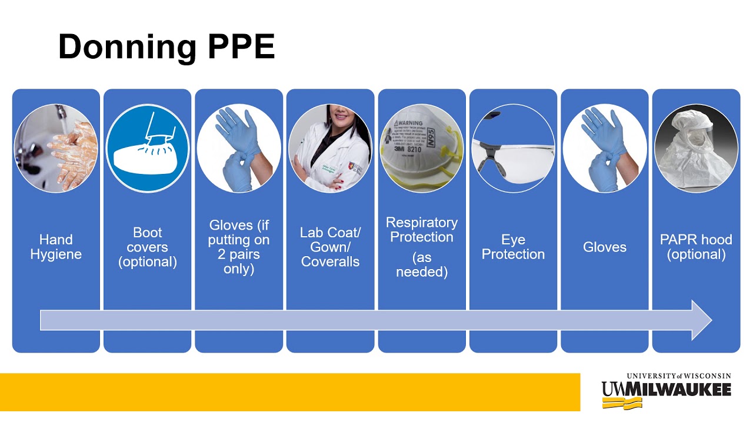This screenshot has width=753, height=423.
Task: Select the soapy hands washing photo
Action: [x=56, y=148]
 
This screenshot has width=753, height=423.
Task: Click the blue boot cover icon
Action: [x=148, y=148]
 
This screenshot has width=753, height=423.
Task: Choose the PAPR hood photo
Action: [x=696, y=148]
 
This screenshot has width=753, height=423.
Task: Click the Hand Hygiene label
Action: [x=56, y=247]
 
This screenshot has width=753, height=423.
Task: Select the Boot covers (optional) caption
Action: [x=148, y=247]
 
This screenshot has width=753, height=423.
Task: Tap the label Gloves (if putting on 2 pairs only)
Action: [x=239, y=247]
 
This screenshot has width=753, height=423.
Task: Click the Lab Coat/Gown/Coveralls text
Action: [x=330, y=247]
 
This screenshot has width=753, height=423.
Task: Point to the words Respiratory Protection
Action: [x=422, y=230]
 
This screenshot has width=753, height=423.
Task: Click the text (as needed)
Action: [x=422, y=264]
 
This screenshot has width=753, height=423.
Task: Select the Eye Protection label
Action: [x=513, y=247]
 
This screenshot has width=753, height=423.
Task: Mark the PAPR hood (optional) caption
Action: [x=696, y=247]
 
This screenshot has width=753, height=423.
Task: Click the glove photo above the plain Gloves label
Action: [x=605, y=148]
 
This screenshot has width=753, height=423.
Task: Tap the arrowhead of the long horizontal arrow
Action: [x=701, y=320]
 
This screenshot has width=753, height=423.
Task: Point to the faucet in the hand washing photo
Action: [x=59, y=113]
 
